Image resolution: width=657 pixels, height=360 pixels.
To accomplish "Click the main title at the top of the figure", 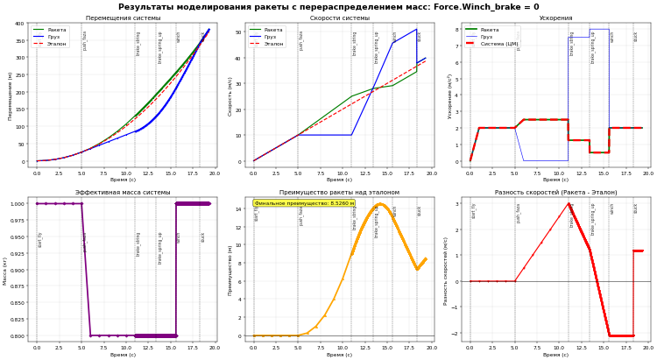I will coord(328,7).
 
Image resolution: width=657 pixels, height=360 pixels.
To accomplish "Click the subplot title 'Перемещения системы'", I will coord(123,18).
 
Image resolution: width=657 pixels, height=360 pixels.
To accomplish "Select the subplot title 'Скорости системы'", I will coord(339,18).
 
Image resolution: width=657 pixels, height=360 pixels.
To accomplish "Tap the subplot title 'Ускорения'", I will coord(555,18).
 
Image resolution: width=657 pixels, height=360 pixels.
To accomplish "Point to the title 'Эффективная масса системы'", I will coord(123,193).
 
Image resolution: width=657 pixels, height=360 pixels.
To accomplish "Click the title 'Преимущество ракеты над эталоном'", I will coord(339,193).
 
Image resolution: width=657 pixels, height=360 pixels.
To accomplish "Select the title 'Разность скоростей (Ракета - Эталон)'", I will coord(555,193).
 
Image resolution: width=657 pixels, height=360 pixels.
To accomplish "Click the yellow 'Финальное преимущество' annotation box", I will coord(304,203).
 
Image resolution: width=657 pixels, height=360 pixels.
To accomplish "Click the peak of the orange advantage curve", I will coord(380,205).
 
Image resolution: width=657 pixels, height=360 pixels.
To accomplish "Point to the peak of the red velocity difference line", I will coord(568,204).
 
